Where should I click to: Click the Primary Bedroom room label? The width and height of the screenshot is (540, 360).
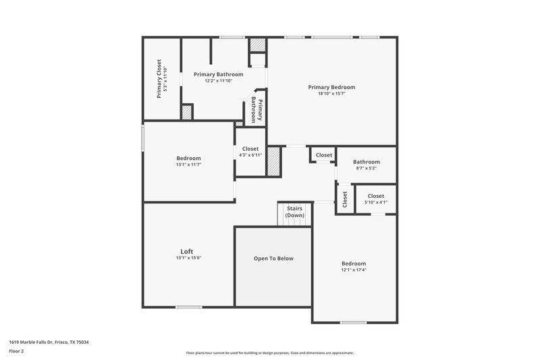click(x=331, y=87)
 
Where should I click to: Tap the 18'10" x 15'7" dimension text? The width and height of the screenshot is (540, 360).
click(x=331, y=94)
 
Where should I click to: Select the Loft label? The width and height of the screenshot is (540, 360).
click(x=186, y=251)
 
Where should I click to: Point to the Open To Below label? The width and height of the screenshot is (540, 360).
click(x=273, y=259)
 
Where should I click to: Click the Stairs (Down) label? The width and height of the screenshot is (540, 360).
click(x=294, y=212)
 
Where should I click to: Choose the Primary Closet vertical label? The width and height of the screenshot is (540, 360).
click(x=159, y=78)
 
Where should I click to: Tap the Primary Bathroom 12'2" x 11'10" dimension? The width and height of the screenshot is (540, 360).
click(x=218, y=81)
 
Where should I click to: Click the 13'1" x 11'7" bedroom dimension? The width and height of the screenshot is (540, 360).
click(x=188, y=165)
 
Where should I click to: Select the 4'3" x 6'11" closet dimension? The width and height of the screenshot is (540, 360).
click(x=250, y=155)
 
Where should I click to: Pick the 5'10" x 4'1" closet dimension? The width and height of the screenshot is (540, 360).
click(x=376, y=203)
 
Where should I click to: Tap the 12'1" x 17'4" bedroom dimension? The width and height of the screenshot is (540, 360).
click(x=353, y=270)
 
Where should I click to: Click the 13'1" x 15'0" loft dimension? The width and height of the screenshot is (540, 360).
click(x=188, y=257)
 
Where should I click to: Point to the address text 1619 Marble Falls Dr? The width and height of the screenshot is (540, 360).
click(x=49, y=342)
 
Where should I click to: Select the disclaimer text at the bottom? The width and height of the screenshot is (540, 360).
click(x=269, y=353)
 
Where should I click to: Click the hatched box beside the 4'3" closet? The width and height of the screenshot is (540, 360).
click(x=273, y=162)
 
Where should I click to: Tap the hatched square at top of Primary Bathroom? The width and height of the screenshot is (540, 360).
click(x=258, y=45)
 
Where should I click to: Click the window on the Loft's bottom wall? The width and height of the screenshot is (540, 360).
click(x=188, y=307)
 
